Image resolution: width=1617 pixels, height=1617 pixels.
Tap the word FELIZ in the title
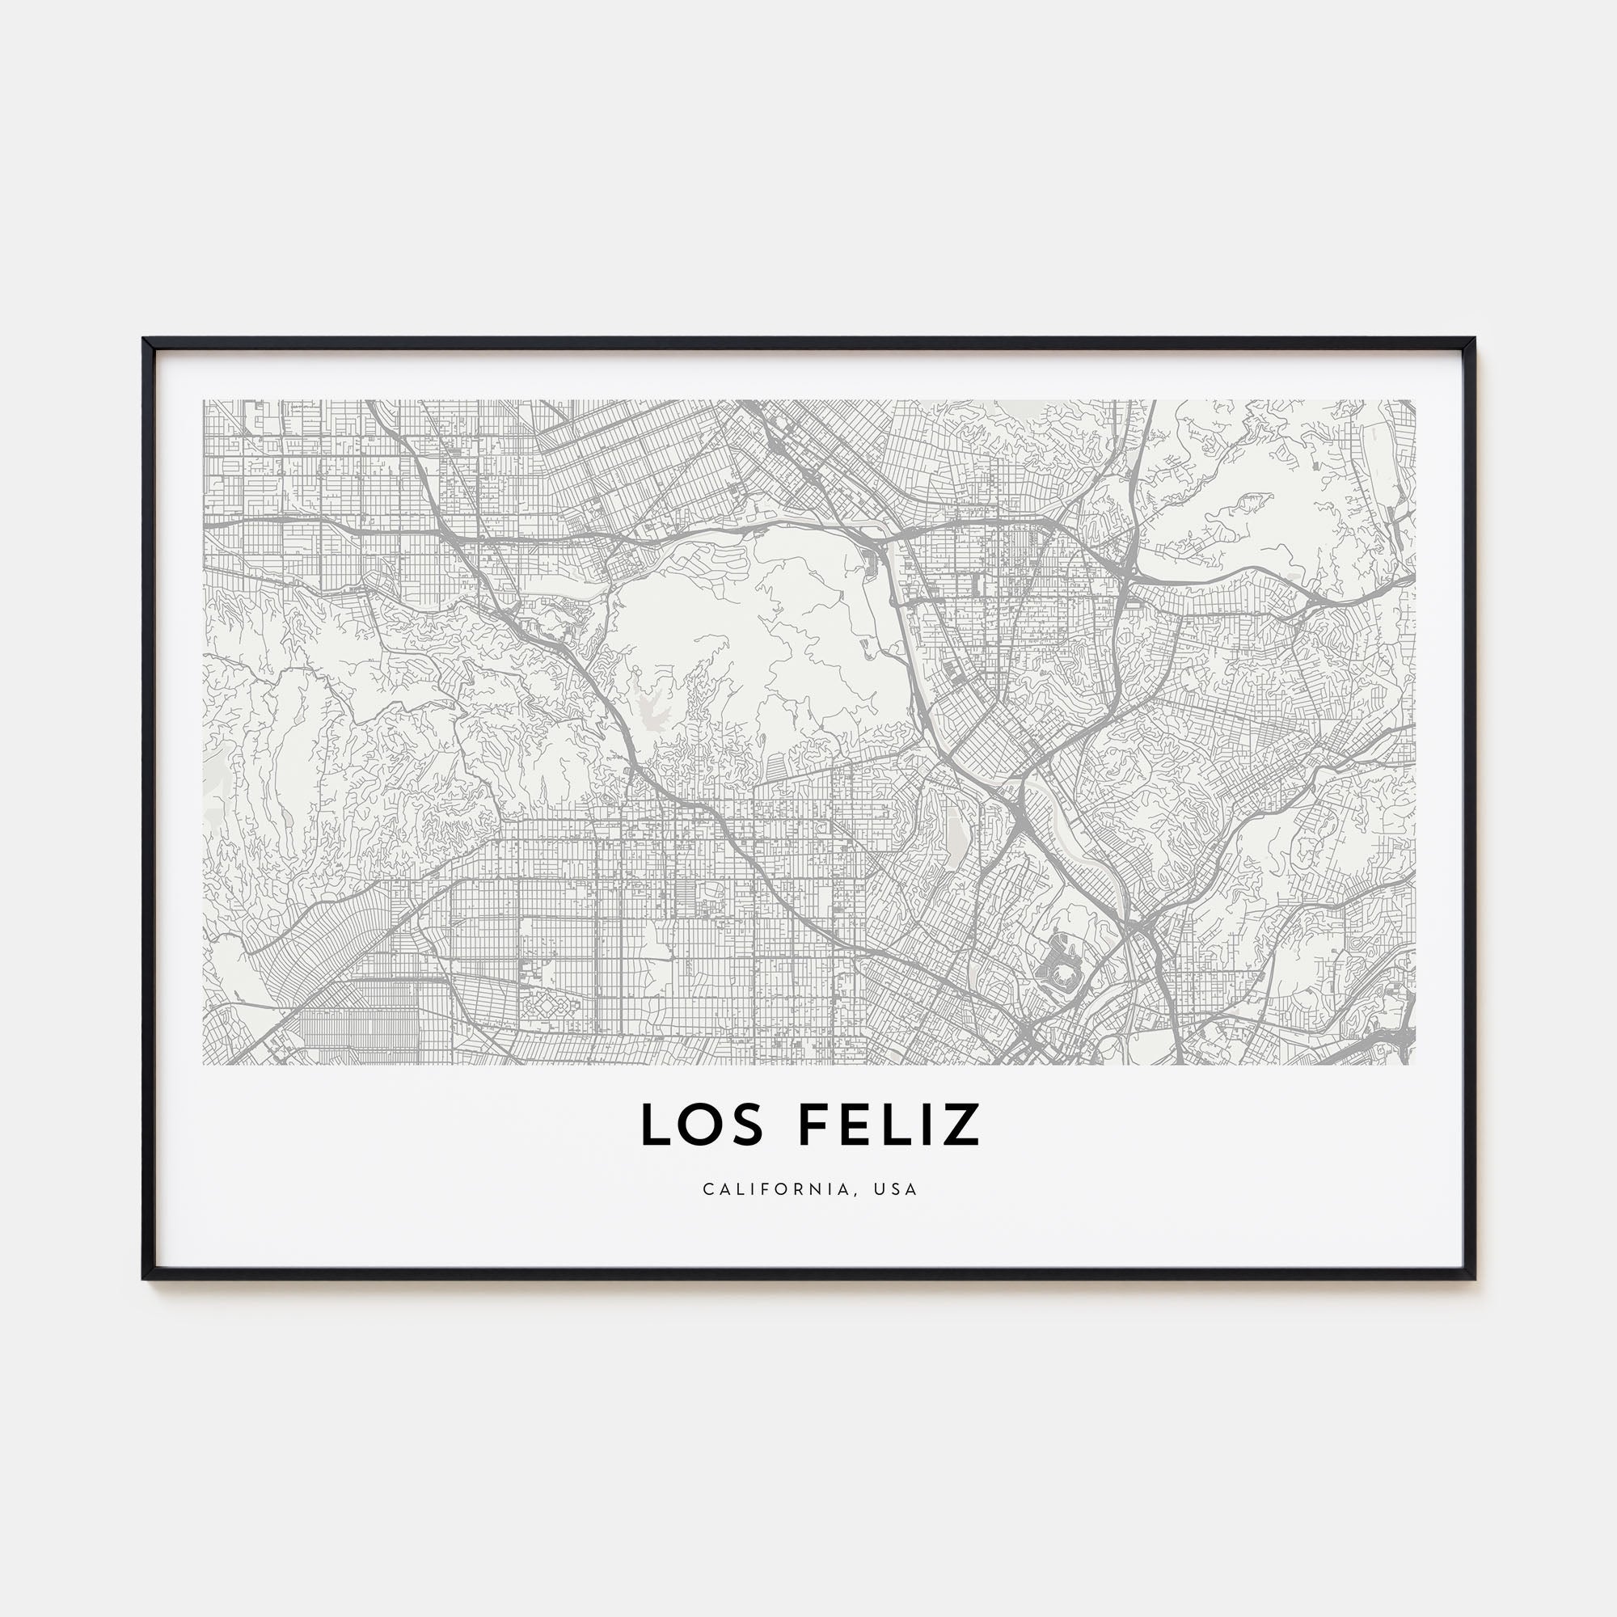(x=889, y=1125)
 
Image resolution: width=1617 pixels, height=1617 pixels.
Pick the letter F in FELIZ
(x=813, y=1125)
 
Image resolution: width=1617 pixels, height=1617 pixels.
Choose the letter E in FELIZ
(x=853, y=1125)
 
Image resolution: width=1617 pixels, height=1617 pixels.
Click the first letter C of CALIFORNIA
(x=708, y=1189)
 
